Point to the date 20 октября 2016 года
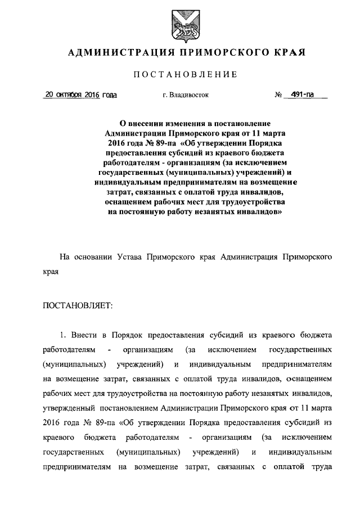(80, 95)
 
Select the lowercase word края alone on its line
(52, 271)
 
